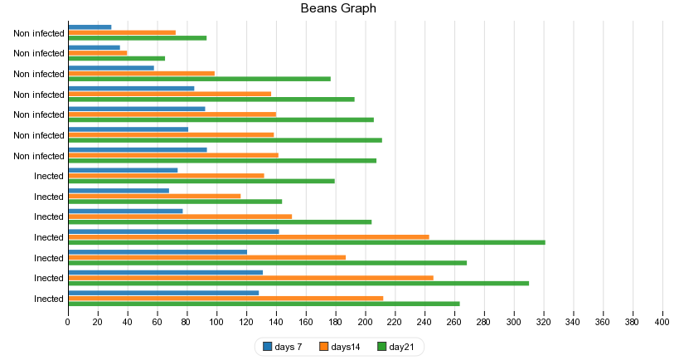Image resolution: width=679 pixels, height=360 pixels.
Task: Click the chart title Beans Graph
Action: tap(338, 8)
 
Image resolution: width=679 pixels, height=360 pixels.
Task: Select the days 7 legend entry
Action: tap(282, 347)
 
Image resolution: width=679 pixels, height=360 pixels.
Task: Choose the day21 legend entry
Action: tap(395, 347)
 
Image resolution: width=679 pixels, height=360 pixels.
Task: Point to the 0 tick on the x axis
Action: tap(68, 321)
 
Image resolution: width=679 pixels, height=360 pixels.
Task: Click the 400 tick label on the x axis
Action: tap(662, 321)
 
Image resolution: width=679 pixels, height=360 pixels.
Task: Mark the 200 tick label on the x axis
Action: tap(365, 321)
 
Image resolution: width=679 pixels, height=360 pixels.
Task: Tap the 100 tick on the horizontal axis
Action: tap(216, 321)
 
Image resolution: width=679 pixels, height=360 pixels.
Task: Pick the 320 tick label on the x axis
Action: tap(543, 321)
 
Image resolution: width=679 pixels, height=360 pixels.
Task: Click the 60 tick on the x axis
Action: tap(157, 321)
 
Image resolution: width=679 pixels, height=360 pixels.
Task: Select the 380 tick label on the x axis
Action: tap(632, 321)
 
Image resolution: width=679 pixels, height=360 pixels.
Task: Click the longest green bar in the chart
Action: tap(307, 242)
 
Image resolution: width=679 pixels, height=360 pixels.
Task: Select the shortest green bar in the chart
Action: tap(116, 58)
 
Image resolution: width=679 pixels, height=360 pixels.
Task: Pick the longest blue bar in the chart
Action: tap(173, 231)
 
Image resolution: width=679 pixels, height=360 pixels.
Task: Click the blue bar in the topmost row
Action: tap(90, 27)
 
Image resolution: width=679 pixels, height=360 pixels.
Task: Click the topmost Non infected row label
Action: tap(39, 33)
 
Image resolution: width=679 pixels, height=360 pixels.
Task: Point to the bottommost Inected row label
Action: tap(49, 299)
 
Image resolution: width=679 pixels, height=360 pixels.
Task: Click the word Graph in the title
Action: tap(359, 8)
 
